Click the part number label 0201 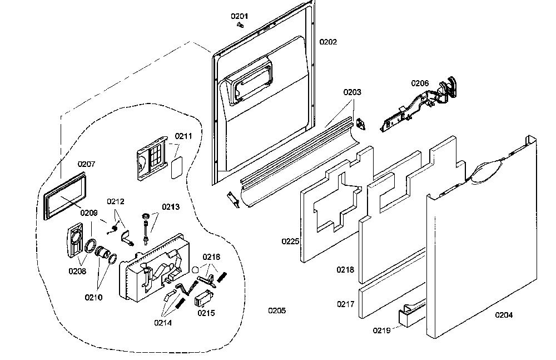[x=239, y=16]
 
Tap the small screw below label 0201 [x=241, y=25]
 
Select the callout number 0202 [x=328, y=42]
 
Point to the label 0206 [x=420, y=83]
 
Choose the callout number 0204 [x=504, y=314]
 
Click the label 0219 [x=381, y=331]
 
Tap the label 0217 [x=345, y=304]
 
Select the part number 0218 [x=345, y=270]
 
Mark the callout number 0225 [x=290, y=241]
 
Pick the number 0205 [x=277, y=310]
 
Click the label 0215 [x=206, y=313]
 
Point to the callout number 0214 [x=163, y=323]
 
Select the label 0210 [x=93, y=298]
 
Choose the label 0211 [x=183, y=136]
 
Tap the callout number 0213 [x=171, y=207]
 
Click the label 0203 [x=352, y=92]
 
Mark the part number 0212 [x=116, y=201]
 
